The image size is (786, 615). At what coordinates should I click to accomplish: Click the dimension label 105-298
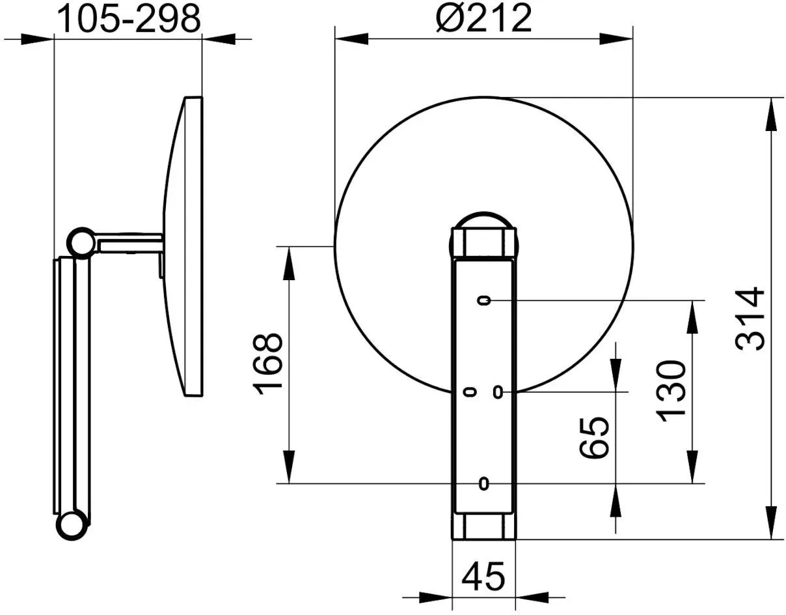click(x=129, y=19)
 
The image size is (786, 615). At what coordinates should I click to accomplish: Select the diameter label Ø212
click(x=484, y=18)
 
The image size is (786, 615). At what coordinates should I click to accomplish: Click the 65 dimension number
click(x=594, y=438)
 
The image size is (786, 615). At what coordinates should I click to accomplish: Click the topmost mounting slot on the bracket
click(x=484, y=300)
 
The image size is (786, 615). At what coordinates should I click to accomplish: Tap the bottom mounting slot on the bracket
click(x=483, y=483)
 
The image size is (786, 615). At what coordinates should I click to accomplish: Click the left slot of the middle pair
click(x=470, y=392)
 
